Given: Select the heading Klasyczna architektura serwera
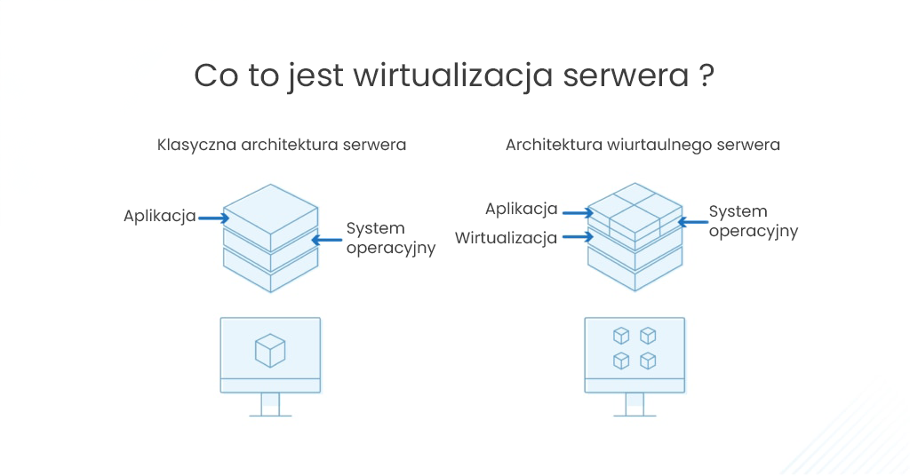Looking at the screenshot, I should pyautogui.click(x=282, y=144).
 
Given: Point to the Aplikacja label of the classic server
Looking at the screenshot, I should pyautogui.click(x=160, y=216).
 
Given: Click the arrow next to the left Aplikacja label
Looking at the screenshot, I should pyautogui.click(x=210, y=217).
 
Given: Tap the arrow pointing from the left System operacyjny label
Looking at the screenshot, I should pyautogui.click(x=325, y=238).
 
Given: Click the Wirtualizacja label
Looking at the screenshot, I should pyautogui.click(x=506, y=237).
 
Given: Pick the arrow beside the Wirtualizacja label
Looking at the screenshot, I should pyautogui.click(x=576, y=237).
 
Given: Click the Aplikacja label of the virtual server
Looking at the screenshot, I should pyautogui.click(x=522, y=209).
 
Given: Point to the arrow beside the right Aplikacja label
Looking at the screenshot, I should pyautogui.click(x=577, y=212).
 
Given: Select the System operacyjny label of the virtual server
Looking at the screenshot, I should pyautogui.click(x=753, y=221).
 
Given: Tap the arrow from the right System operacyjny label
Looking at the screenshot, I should pyautogui.click(x=690, y=221).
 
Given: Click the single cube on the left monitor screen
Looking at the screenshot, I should pyautogui.click(x=270, y=350).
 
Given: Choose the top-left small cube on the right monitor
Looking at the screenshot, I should pyautogui.click(x=621, y=335).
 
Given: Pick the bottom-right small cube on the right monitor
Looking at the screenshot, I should pyautogui.click(x=648, y=361).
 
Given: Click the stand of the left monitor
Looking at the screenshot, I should pyautogui.click(x=270, y=404).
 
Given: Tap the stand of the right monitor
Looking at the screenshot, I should pyautogui.click(x=635, y=404).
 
